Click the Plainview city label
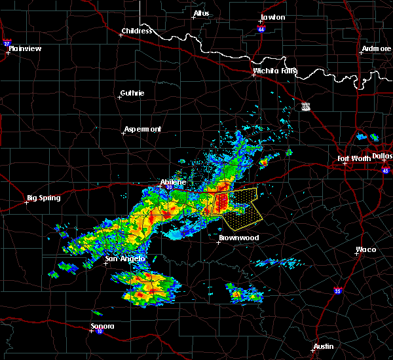[25, 48]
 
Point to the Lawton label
[272, 17]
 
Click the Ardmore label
[375, 50]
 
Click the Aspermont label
[142, 129]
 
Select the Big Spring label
[43, 198]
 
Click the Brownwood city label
[238, 238]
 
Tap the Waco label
[365, 249]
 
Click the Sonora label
[103, 326]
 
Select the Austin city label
[323, 346]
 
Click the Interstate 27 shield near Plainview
[7, 44]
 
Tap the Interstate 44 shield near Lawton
[261, 29]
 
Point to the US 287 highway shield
[306, 105]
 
